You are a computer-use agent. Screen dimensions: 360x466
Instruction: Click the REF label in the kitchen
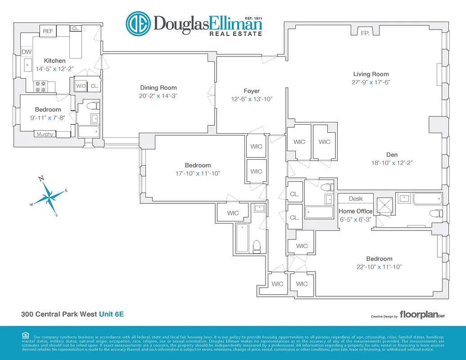(x=48, y=31)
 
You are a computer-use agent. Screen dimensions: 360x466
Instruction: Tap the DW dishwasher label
(x=27, y=52)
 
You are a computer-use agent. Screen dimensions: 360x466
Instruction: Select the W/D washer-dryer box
(x=81, y=85)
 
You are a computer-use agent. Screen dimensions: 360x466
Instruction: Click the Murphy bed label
(x=45, y=134)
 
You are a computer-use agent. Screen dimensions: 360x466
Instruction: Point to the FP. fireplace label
(x=365, y=33)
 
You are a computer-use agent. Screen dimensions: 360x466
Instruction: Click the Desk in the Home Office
(x=356, y=198)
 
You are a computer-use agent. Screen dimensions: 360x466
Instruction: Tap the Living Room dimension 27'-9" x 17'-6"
(x=371, y=82)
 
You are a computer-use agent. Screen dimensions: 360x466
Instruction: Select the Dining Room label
(x=158, y=88)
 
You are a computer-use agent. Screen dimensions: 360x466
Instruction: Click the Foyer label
(x=252, y=91)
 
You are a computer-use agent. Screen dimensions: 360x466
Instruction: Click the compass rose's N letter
(x=41, y=179)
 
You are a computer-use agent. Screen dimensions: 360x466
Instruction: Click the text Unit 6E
(x=111, y=314)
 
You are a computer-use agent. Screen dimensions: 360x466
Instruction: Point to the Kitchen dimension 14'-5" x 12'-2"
(x=54, y=69)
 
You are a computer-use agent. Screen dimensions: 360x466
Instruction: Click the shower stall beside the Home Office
(x=385, y=205)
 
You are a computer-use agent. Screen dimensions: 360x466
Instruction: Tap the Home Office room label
(x=356, y=211)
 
